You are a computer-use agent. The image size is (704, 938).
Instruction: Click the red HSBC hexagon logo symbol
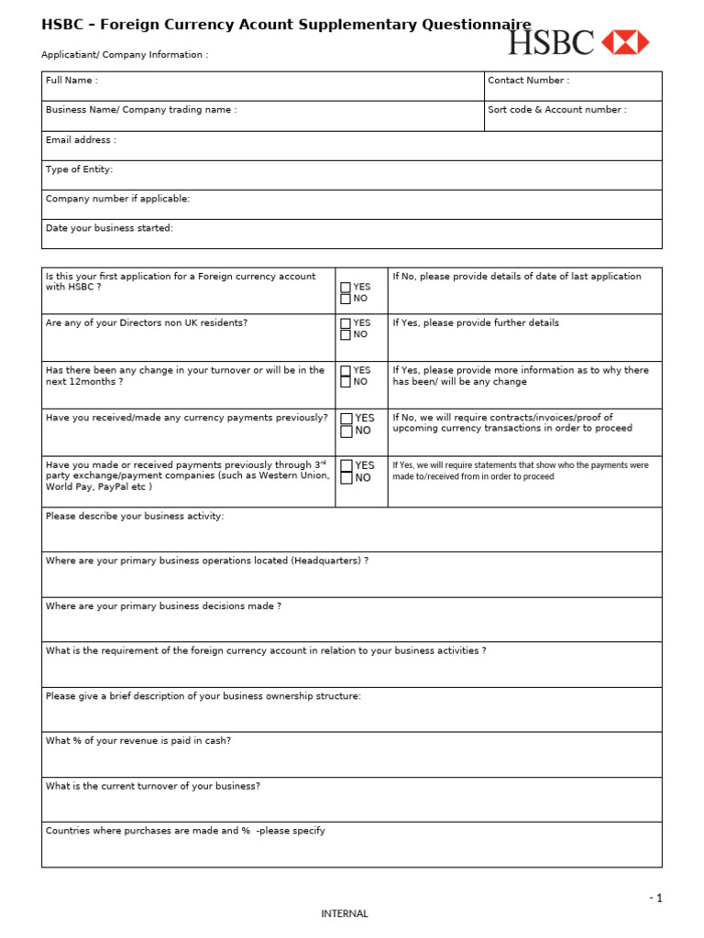[x=625, y=42]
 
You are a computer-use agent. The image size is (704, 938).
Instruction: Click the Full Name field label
[x=71, y=81]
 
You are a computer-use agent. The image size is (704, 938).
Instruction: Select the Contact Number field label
[x=528, y=81]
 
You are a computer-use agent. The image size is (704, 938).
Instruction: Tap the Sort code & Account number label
[x=556, y=110]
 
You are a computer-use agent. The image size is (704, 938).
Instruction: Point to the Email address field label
[x=81, y=140]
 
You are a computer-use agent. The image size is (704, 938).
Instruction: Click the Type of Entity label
[x=79, y=169]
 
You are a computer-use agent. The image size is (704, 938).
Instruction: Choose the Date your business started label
[x=109, y=228]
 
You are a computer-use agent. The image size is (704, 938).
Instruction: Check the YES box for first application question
[x=346, y=288]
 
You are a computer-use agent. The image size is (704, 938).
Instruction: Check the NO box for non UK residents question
[x=346, y=335]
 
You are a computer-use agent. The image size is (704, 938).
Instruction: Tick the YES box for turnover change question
[x=346, y=371]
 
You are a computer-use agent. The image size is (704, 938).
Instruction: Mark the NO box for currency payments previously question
[x=346, y=431]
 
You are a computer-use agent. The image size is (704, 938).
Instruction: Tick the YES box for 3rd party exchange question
[x=346, y=465]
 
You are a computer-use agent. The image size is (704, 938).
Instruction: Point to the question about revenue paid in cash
[x=137, y=741]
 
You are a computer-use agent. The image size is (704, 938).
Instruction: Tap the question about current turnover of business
[x=152, y=786]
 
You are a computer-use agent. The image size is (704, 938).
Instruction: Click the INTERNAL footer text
[x=344, y=913]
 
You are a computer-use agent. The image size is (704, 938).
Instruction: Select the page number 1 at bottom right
[x=658, y=899]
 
